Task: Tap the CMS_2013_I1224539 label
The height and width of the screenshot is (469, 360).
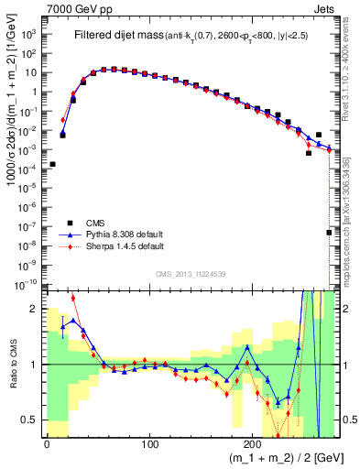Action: [x=190, y=273]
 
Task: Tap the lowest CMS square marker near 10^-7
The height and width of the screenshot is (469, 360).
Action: [x=329, y=233]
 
